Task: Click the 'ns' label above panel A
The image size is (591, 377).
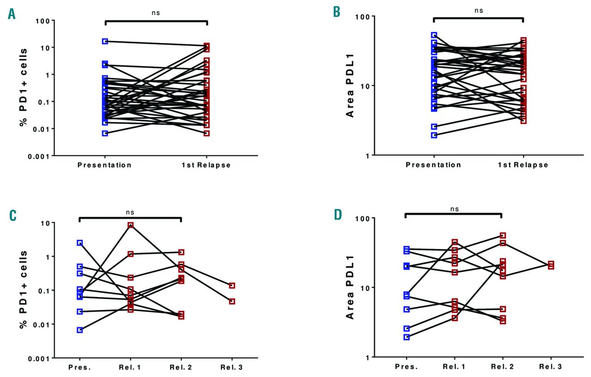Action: pos(156,13)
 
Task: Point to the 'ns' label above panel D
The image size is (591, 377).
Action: pos(454,208)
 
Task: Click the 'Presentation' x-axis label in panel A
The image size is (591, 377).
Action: pos(105,165)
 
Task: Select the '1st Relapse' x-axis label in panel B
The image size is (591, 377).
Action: pos(523,165)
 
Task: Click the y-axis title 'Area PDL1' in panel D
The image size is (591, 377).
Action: pos(350,287)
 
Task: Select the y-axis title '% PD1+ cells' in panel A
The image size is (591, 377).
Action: pos(24,88)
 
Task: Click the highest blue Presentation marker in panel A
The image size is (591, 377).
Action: pos(105,41)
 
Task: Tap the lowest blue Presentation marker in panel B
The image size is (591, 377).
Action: pos(434,135)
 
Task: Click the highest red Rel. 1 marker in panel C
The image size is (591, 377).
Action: pos(131,225)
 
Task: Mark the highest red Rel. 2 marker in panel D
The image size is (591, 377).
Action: pos(503,236)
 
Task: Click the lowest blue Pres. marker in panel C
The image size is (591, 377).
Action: pos(80,330)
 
